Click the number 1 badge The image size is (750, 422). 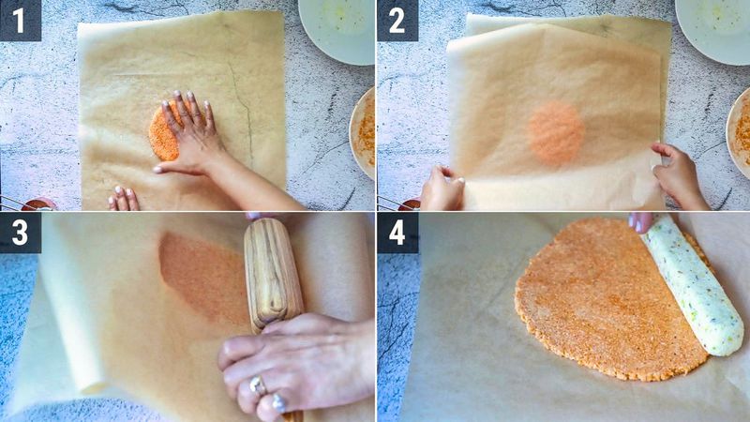pyautogui.click(x=20, y=20)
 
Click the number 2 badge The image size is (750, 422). pyautogui.click(x=397, y=20)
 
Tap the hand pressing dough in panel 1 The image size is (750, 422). pyautogui.click(x=192, y=136)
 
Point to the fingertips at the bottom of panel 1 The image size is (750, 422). pyautogui.click(x=123, y=198)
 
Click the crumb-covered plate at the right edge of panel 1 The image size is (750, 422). pyautogui.click(x=364, y=131)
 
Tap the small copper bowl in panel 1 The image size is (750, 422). pyautogui.click(x=37, y=204)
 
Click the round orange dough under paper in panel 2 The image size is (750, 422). pyautogui.click(x=556, y=133)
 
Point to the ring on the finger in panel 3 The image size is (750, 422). pyautogui.click(x=257, y=384)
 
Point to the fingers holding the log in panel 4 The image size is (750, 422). pyautogui.click(x=643, y=221)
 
